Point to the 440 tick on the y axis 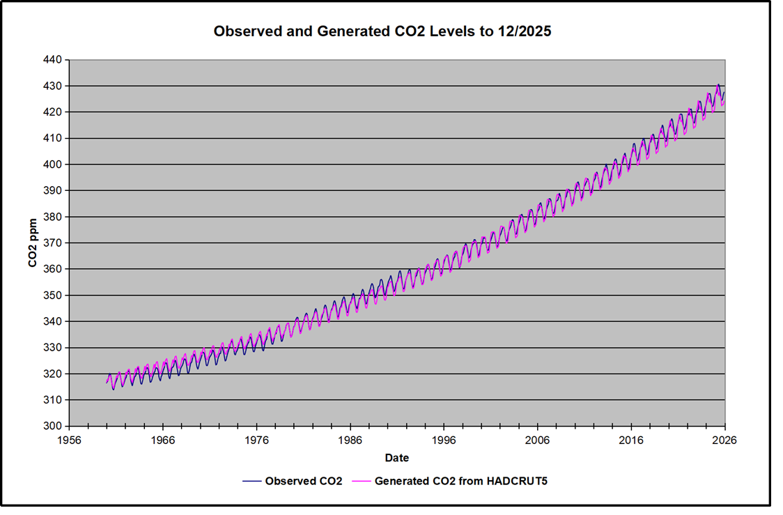tap(54, 60)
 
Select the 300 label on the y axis tap(54, 426)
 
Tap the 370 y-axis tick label tap(54, 243)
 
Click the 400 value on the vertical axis tap(54, 164)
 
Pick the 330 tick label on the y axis tap(54, 348)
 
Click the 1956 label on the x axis tap(69, 440)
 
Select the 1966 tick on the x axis tap(163, 440)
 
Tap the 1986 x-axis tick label tap(350, 440)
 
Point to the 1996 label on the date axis tap(444, 440)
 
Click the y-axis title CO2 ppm tap(32, 243)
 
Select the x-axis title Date tap(396, 458)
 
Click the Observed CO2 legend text tap(303, 481)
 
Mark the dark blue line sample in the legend tap(251, 481)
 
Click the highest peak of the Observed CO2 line tap(718, 85)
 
